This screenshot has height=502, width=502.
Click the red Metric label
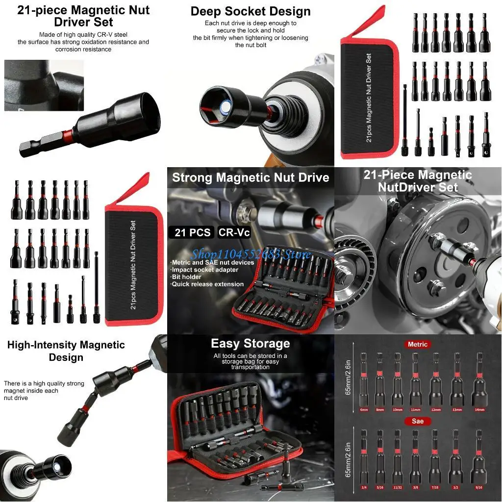click(x=418, y=344)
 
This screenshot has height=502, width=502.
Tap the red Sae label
click(x=418, y=421)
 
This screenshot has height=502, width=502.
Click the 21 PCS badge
click(x=192, y=232)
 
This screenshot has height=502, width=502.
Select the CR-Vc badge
click(x=234, y=232)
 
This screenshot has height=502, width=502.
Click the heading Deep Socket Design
click(x=251, y=11)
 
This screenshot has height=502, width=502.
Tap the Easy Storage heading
click(x=251, y=343)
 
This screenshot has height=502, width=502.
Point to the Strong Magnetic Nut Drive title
click(x=251, y=177)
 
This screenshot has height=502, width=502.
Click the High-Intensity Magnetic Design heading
click(x=66, y=351)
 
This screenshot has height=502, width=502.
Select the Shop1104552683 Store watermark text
click(x=251, y=254)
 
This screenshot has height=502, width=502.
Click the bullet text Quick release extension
click(x=207, y=284)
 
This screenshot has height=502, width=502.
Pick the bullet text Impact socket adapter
click(x=205, y=270)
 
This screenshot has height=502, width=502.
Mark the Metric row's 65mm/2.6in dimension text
click(x=349, y=377)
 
